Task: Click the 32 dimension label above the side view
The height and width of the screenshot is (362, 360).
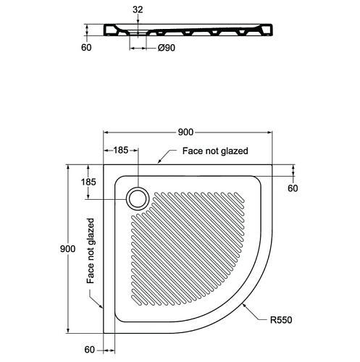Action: coord(138,9)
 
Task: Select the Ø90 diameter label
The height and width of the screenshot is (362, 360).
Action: coord(166,48)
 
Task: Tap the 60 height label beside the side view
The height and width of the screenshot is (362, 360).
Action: coord(86,48)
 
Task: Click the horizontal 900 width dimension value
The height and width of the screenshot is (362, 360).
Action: coord(185,132)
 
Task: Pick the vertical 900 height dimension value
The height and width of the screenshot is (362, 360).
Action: coord(67,248)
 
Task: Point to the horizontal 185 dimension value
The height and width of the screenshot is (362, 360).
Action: coord(121,150)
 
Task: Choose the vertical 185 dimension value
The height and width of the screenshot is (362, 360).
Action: coord(88,182)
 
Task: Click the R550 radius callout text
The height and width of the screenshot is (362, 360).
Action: coord(281,320)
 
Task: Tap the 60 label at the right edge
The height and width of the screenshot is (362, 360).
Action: coord(293,188)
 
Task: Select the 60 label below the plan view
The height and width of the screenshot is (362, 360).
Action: coord(90,350)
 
